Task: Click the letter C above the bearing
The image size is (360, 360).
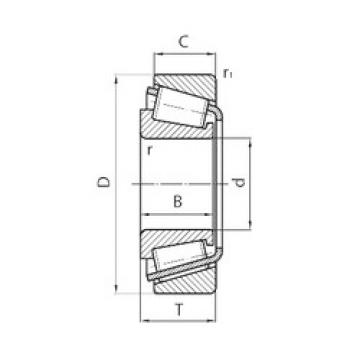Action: (x=182, y=43)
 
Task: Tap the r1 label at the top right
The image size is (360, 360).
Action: (x=229, y=73)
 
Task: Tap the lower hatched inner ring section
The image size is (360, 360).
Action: (x=175, y=241)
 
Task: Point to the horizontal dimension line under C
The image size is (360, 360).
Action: (x=182, y=56)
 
